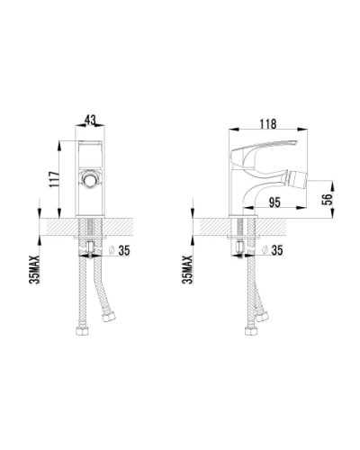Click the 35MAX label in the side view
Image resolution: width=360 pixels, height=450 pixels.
[186, 268]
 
